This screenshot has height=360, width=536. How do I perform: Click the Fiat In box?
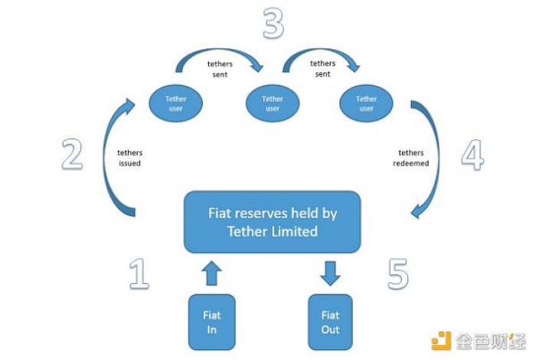tap(211, 322)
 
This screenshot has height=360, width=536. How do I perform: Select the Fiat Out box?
tap(330, 322)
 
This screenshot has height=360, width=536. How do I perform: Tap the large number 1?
tap(139, 274)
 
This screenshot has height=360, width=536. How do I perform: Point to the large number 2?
tap(72, 154)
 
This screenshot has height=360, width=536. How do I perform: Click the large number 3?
tap(273, 23)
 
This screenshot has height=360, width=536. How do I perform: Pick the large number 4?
tap(472, 155)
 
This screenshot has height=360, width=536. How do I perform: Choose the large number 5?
tap(398, 274)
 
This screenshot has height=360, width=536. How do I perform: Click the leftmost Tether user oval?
tap(175, 103)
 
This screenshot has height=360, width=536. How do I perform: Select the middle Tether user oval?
tap(273, 103)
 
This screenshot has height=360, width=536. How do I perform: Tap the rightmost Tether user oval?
tap(366, 103)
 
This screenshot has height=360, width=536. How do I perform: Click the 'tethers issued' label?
tap(129, 158)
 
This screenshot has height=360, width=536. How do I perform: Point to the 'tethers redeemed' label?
tap(411, 158)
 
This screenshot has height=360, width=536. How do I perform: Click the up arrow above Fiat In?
tap(211, 273)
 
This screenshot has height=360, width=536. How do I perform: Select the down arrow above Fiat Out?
tap(330, 273)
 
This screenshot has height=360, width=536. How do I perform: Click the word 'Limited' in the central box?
tap(294, 232)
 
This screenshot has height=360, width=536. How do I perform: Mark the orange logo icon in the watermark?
tap(441, 341)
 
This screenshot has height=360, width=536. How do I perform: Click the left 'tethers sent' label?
tap(220, 69)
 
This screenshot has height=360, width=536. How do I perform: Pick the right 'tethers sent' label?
tap(322, 68)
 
